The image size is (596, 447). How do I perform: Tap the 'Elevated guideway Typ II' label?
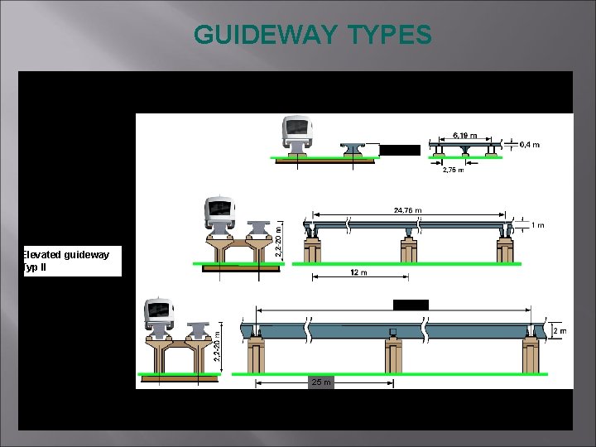point(71,261)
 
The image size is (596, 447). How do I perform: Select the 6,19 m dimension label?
point(465,134)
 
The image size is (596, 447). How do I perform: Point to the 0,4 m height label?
point(529,145)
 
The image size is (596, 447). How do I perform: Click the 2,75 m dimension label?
point(452,170)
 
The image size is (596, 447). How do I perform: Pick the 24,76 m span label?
point(406,210)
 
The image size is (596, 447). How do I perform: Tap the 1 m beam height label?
point(537,224)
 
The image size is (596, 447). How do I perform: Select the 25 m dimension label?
point(320,382)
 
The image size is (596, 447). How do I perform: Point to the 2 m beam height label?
point(560,331)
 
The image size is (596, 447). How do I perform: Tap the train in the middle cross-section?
point(219,214)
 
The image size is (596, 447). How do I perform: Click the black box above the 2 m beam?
point(411,305)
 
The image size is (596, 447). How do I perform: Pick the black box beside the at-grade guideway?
point(400,150)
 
